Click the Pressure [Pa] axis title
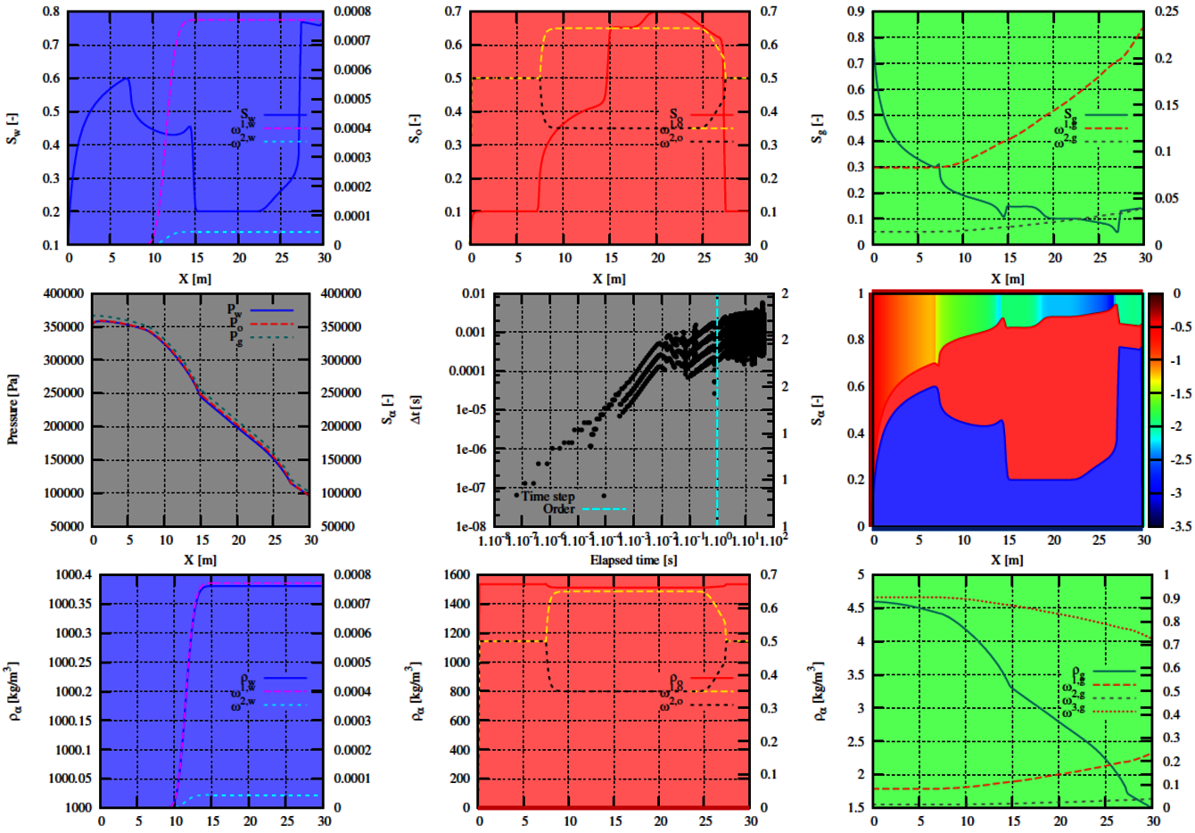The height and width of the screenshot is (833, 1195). point(13,409)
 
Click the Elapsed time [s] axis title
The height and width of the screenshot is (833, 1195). point(633,560)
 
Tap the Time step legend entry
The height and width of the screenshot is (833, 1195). point(548,497)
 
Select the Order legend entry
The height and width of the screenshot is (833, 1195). point(559,509)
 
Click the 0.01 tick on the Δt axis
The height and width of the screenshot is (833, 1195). point(474,293)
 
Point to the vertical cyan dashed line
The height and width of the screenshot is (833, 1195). point(717,410)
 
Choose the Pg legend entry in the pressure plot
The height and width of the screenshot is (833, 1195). point(236,336)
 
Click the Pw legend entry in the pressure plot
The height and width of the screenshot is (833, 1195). point(236,310)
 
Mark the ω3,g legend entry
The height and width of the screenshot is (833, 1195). point(1074,712)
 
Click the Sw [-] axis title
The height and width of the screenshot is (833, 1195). point(13,128)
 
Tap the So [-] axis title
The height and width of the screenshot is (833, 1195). point(416,128)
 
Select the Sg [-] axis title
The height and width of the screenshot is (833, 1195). point(817,128)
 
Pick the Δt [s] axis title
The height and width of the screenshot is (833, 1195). point(416,409)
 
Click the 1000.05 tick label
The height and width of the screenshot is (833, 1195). point(70,779)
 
